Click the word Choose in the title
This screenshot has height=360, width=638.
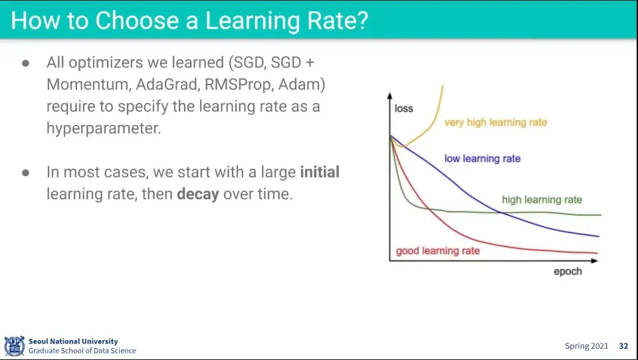point(138,21)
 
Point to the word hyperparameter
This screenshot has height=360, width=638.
point(104,129)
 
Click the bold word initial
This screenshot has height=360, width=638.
point(320,171)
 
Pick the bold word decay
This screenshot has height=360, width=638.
point(198,194)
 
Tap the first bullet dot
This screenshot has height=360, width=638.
point(26,63)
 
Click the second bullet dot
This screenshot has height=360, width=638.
point(26,173)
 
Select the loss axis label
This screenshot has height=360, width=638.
point(403,108)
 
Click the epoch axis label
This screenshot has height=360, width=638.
point(568,271)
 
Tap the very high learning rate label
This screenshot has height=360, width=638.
point(496,122)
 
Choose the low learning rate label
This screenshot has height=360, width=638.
point(482,158)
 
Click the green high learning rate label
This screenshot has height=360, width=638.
point(542,200)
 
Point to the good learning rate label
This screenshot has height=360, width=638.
point(438,251)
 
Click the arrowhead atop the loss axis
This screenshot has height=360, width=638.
point(390,96)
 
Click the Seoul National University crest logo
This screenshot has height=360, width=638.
point(14,346)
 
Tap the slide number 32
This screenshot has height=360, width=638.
point(623,346)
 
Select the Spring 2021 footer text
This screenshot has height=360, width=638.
point(586,346)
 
